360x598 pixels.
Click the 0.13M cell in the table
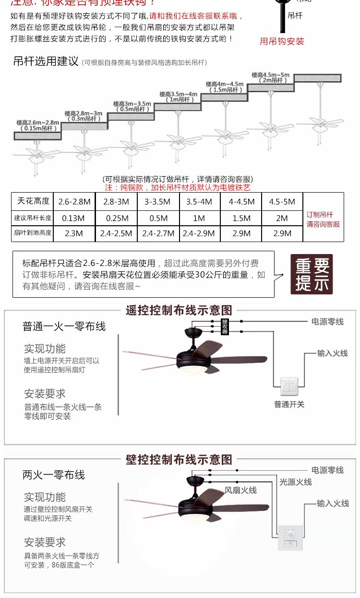point(74,218)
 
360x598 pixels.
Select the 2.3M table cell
point(74,233)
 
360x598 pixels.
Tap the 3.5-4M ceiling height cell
point(199,202)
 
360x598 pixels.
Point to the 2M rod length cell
point(282,218)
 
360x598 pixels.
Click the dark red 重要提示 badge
point(312,274)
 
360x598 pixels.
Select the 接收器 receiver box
point(225,327)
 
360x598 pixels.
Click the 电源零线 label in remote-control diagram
point(327,321)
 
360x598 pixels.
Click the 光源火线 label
point(296,481)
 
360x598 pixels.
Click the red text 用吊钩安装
point(282,41)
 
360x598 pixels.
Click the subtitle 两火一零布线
point(54,475)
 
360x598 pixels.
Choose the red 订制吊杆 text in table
point(320,215)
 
